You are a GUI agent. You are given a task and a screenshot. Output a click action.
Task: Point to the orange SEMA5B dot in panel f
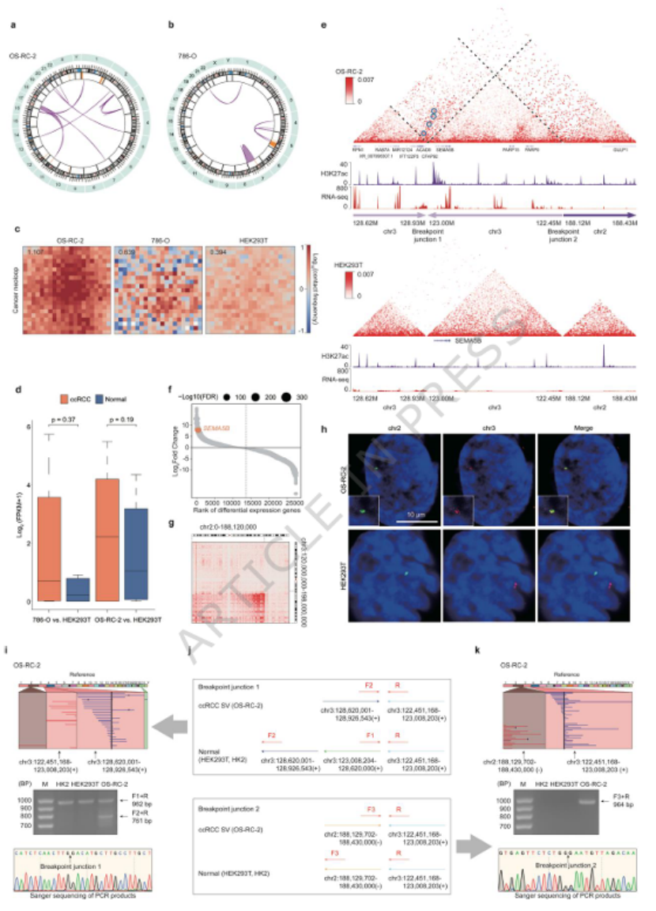pyautogui.click(x=198, y=427)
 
